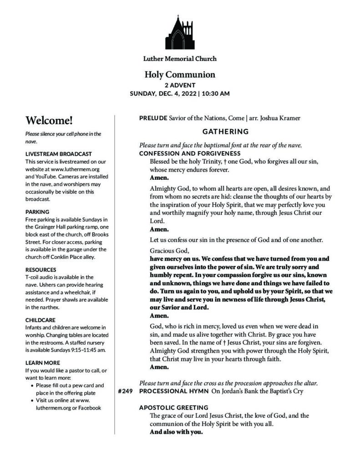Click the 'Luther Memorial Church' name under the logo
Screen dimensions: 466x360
[180, 59]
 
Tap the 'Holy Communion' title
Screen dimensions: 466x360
[180, 75]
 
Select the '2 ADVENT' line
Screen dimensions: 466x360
[180, 85]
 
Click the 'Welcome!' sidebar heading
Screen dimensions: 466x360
[49, 121]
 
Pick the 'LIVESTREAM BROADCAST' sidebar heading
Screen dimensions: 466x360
[59, 154]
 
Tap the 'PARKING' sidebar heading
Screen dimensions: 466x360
[37, 212]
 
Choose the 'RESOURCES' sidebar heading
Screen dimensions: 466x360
[41, 269]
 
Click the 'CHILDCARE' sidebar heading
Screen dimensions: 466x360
[41, 319]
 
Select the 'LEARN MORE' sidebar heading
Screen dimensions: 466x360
[43, 363]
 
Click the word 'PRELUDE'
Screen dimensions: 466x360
[153, 119]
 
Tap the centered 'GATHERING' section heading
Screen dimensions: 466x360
[225, 132]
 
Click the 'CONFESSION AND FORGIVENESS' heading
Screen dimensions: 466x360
[186, 153]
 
